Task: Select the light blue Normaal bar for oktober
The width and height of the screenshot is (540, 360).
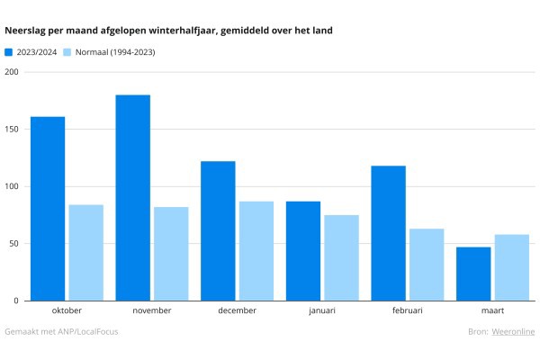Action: [85, 253]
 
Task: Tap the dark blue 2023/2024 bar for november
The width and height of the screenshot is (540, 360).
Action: [132, 198]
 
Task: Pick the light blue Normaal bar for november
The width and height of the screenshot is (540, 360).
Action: [171, 254]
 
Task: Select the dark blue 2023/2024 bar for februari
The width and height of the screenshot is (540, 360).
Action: [388, 233]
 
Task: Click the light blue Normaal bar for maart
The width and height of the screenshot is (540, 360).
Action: [512, 267]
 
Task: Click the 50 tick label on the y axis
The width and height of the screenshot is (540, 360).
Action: [13, 244]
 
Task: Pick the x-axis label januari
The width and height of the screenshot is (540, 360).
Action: [322, 310]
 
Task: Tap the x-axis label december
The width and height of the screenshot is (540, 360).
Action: [237, 310]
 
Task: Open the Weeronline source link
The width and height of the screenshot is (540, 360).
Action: [513, 332]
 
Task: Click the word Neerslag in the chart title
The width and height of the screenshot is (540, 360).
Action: [25, 31]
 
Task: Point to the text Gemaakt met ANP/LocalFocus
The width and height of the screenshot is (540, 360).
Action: [61, 332]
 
